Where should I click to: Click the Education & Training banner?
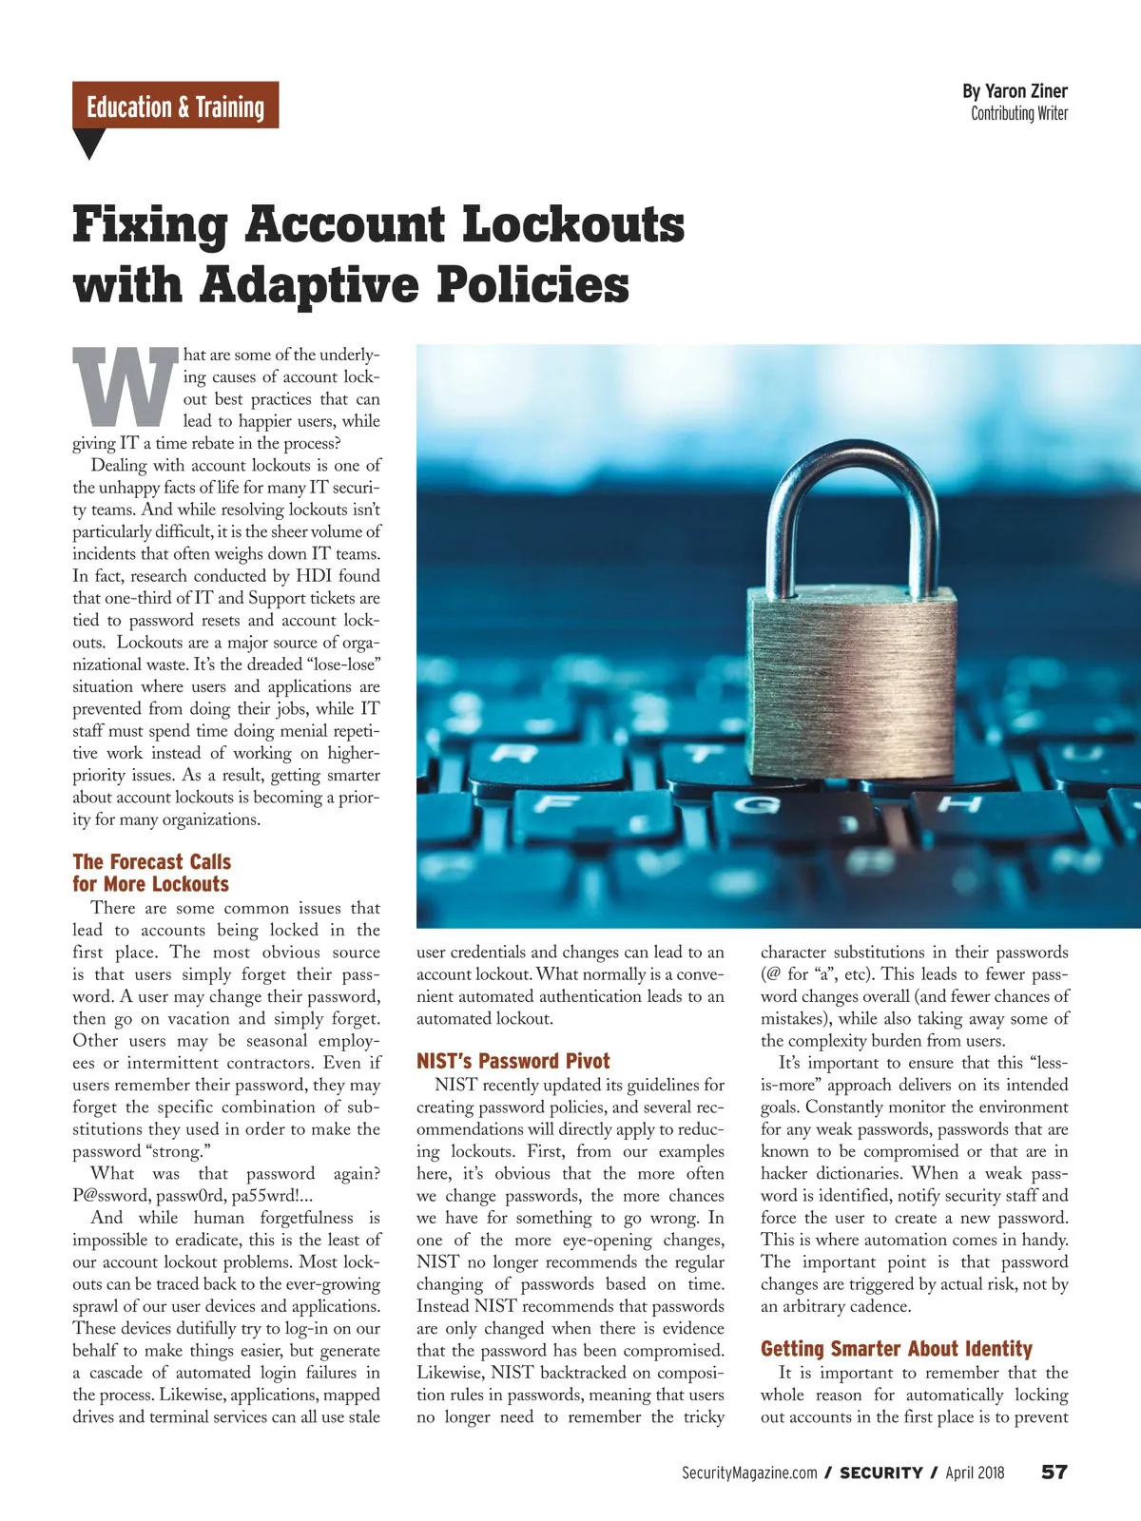tap(175, 106)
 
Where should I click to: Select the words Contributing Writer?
tap(1019, 113)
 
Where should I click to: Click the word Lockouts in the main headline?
tap(573, 225)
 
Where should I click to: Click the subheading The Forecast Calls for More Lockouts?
tap(151, 873)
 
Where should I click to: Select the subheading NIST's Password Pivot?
tap(512, 1061)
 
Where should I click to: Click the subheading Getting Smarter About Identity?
tap(896, 1348)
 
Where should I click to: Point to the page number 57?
tap(1054, 1472)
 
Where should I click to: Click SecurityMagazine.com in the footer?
tap(749, 1473)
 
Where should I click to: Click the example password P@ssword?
tap(108, 1196)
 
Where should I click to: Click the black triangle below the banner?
tap(88, 144)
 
